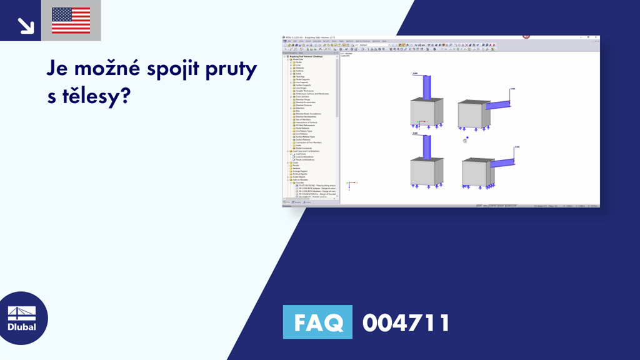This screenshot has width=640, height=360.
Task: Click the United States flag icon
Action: [x=71, y=21]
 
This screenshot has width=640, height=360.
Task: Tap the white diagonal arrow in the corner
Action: [x=26, y=25]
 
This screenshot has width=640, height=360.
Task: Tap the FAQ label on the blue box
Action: [x=317, y=323]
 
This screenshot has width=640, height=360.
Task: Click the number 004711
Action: [x=406, y=323]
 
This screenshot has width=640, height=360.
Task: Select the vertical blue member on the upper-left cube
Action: [x=426, y=87]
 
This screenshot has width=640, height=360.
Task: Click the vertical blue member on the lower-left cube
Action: [x=426, y=146]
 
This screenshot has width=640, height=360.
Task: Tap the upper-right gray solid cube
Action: [x=474, y=115]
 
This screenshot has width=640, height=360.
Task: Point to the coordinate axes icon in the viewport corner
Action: [x=351, y=184]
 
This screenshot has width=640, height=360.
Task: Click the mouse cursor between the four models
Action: [x=465, y=141]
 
